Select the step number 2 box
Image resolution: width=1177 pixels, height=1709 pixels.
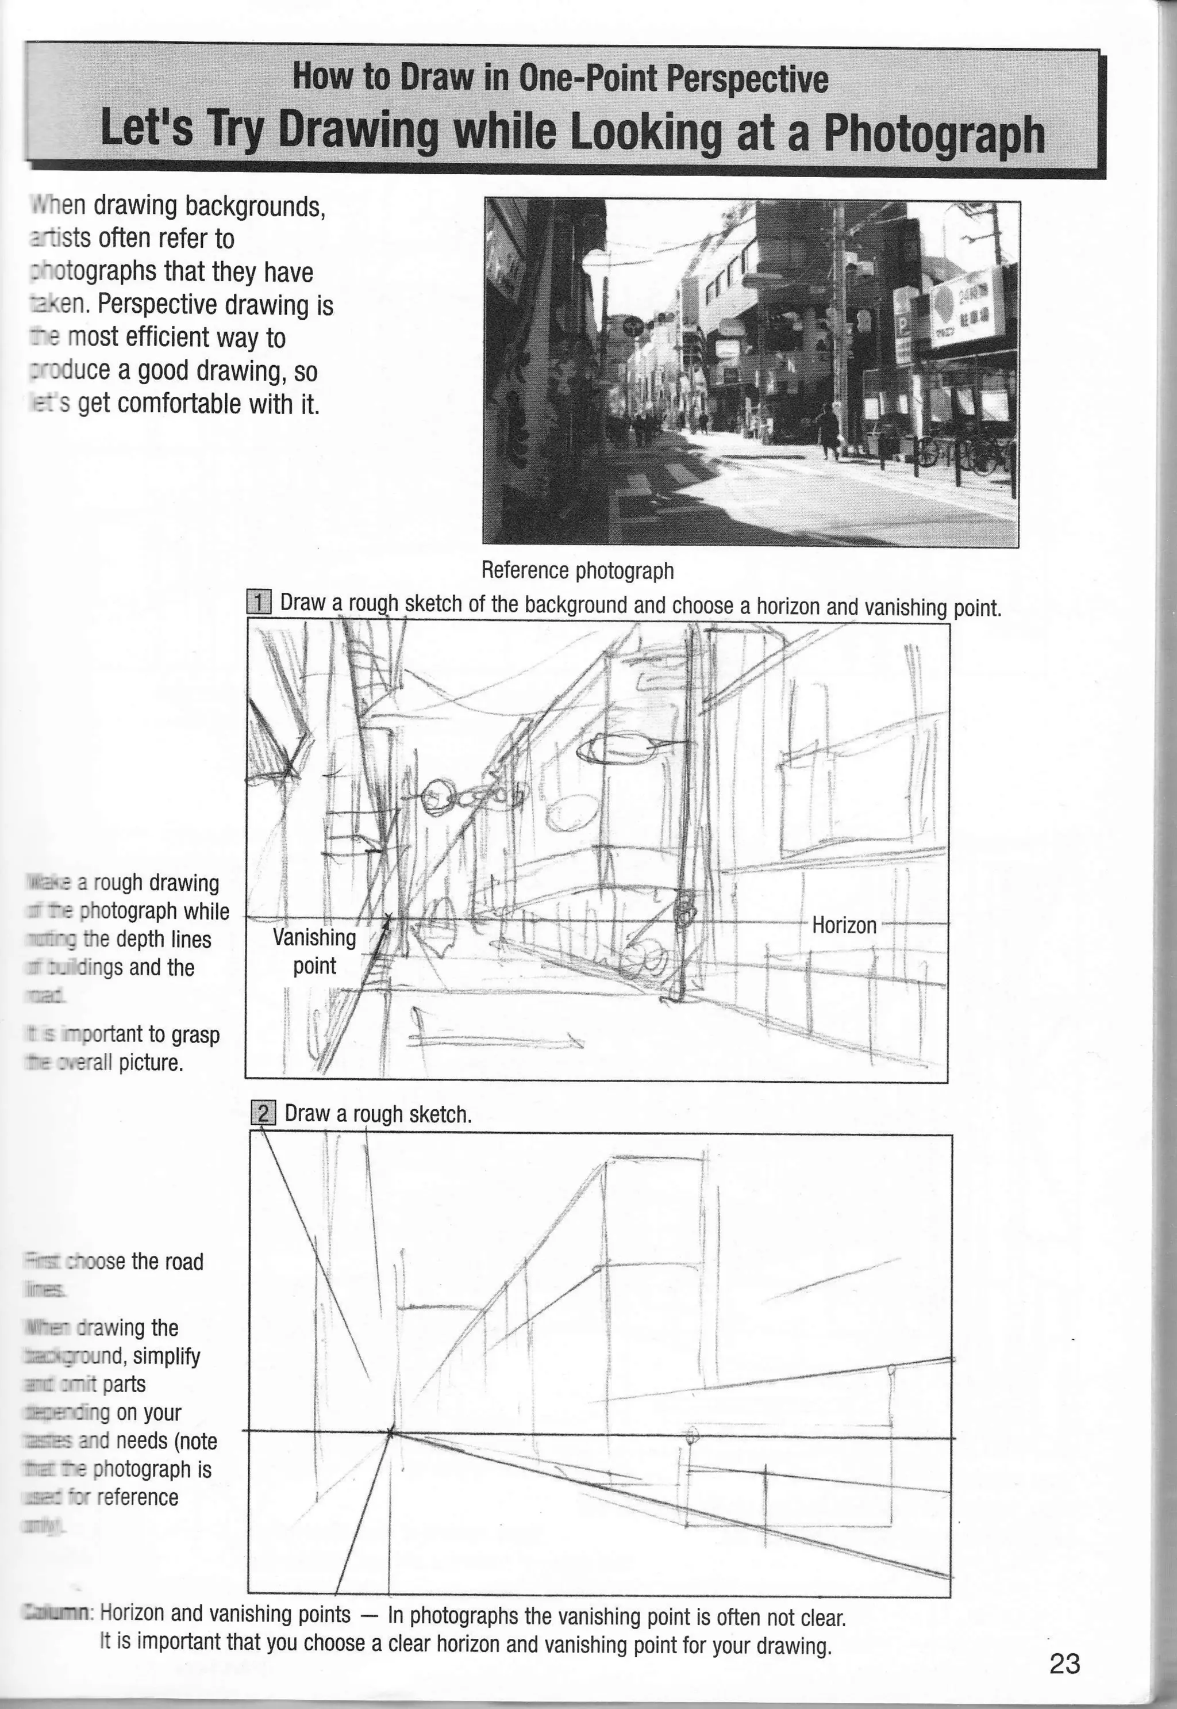click(x=263, y=1113)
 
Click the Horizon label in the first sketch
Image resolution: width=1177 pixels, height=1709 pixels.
click(x=844, y=925)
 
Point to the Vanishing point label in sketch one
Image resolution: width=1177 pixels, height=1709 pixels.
click(x=314, y=951)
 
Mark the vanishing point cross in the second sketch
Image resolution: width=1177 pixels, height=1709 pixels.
click(x=390, y=1431)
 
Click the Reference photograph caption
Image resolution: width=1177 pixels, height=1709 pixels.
click(x=578, y=570)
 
